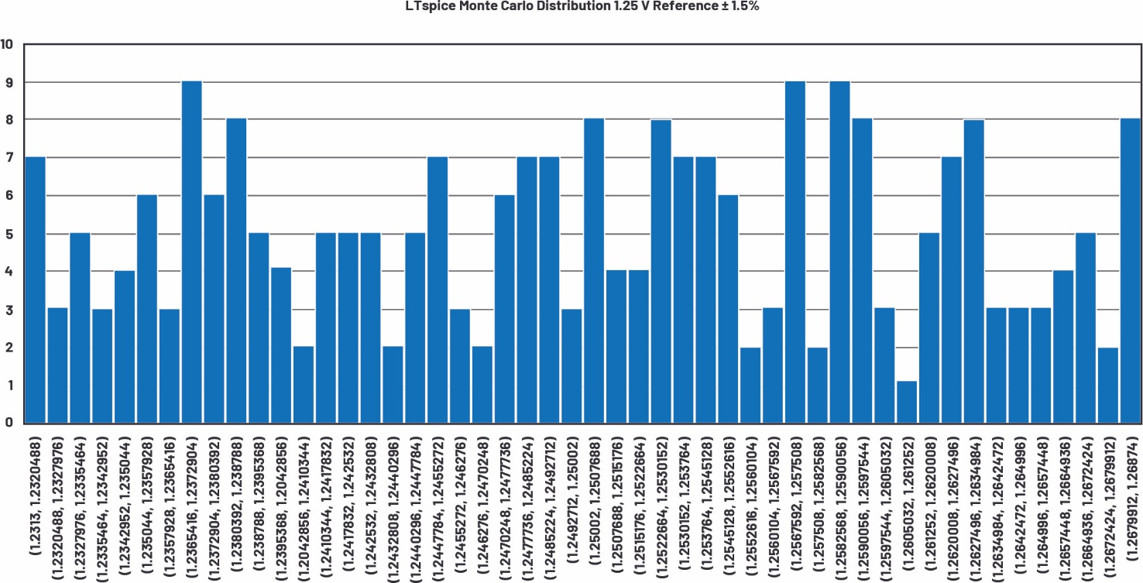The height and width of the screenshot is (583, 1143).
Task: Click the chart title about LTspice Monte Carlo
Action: (x=571, y=7)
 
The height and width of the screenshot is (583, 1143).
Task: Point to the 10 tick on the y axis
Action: (x=8, y=44)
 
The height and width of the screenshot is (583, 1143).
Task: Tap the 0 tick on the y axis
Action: (x=9, y=423)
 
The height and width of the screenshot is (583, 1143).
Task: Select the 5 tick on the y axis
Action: (x=9, y=234)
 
